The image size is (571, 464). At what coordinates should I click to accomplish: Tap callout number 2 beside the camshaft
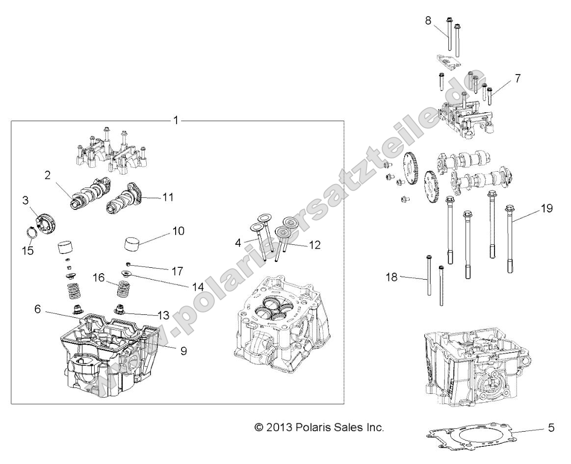48,176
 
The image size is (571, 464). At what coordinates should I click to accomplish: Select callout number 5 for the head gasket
551,428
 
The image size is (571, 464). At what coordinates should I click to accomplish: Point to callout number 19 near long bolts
546,208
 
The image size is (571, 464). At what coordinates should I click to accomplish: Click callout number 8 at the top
428,21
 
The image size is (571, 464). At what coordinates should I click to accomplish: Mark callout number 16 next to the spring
99,278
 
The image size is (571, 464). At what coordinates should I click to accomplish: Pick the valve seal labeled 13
120,310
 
